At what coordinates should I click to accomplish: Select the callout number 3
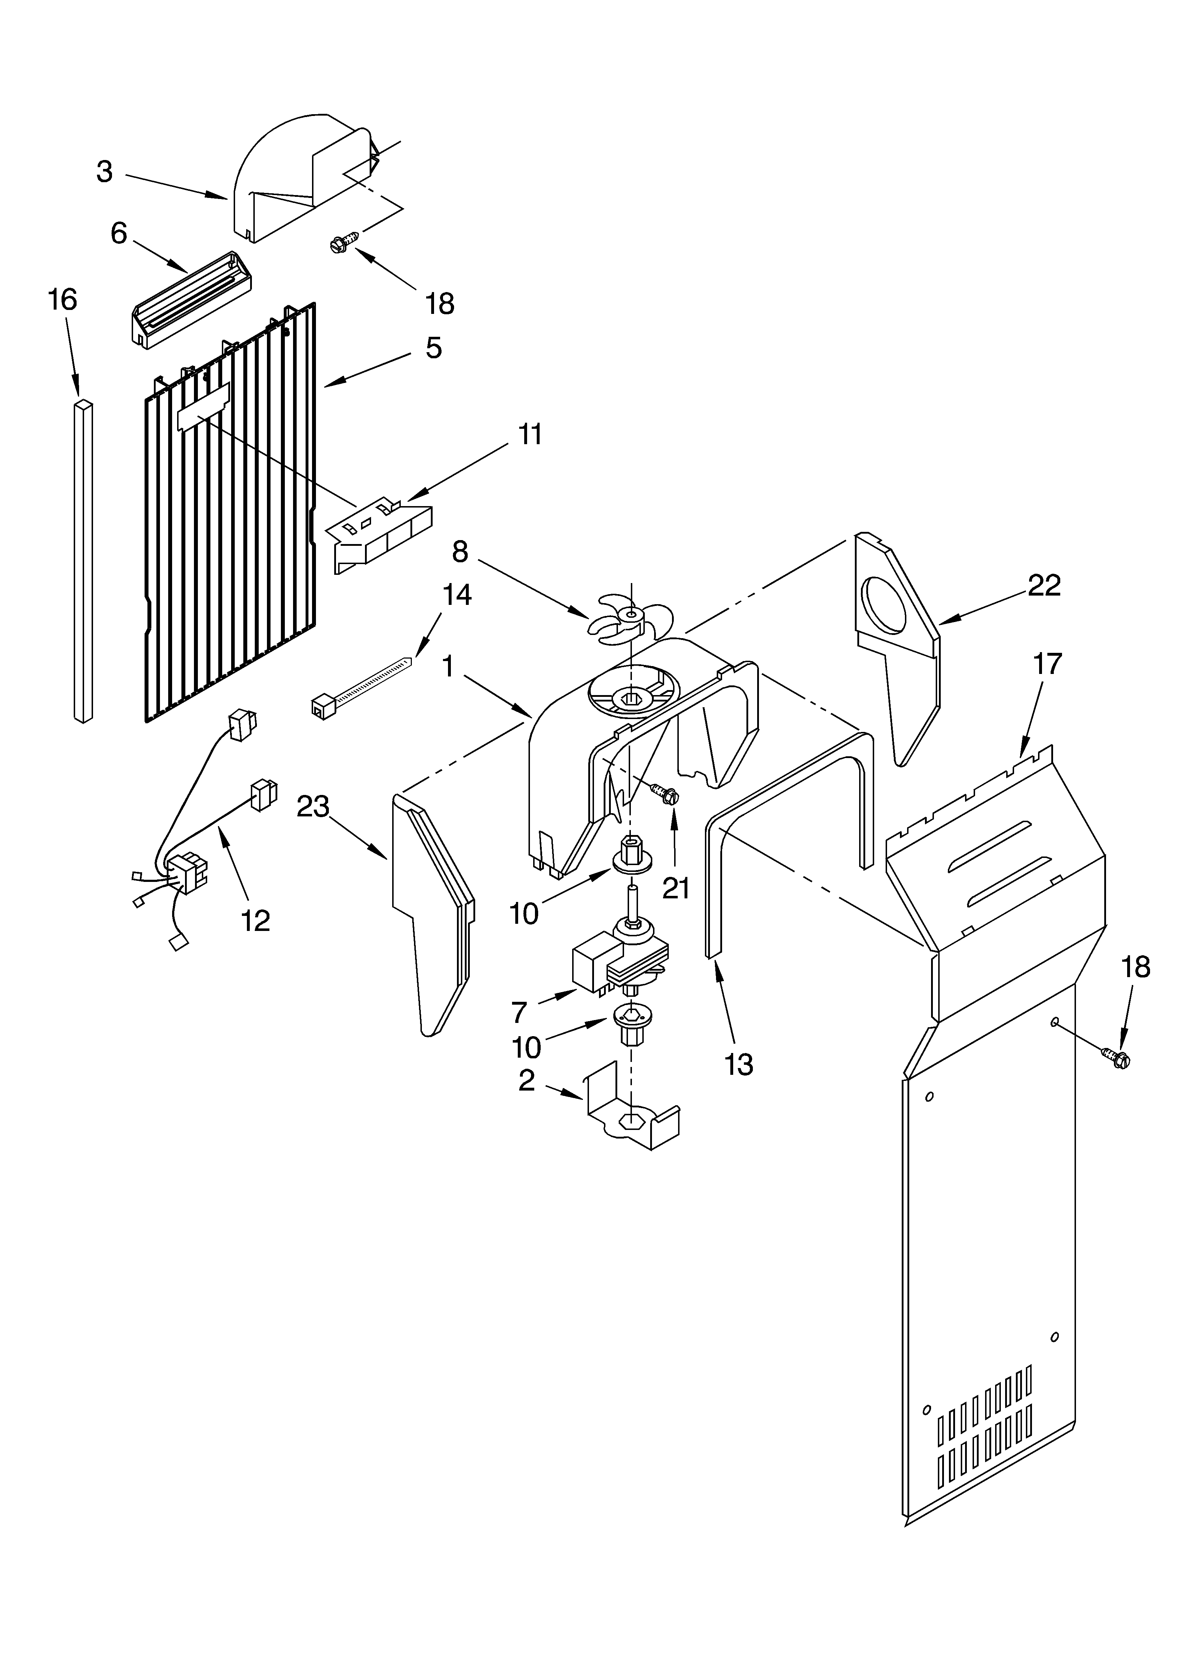click(105, 171)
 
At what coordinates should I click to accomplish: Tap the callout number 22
click(1044, 585)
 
